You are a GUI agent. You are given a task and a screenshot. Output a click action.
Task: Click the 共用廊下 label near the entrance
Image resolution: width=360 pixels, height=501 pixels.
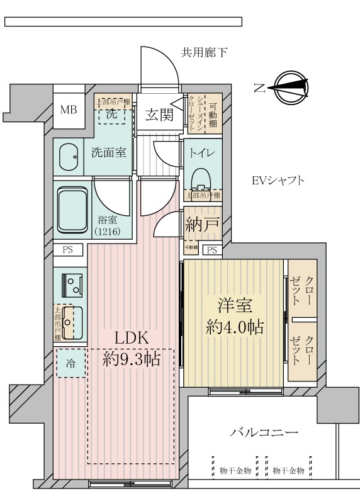pos(205,53)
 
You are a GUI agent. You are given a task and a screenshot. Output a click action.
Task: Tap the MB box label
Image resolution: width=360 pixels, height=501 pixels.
pos(68,110)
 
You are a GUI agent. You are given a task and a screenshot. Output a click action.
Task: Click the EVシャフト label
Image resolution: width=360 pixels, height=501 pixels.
pos(278,181)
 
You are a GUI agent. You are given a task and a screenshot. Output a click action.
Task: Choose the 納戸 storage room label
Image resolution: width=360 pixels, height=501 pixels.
pos(202,225)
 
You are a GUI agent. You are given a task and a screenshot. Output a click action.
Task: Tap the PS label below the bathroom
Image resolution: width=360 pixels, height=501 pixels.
pos(67,250)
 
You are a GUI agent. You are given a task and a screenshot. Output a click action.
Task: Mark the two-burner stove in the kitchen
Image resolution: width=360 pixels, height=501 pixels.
pos(71,285)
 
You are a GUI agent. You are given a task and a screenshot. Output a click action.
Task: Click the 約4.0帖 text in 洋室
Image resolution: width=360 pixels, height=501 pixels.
pos(235,327)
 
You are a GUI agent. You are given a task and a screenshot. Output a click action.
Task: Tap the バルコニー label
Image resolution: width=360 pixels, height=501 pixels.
pos(264,433)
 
